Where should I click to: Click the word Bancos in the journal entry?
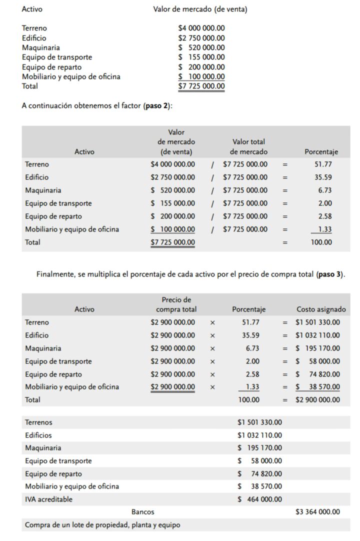tap(142, 512)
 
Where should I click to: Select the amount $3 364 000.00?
tap(317, 512)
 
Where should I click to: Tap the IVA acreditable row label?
tap(48, 499)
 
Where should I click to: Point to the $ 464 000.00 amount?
tap(259, 499)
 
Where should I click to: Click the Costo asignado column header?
tap(321, 309)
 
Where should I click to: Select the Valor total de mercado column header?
tap(248, 146)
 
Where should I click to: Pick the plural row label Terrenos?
tap(38, 422)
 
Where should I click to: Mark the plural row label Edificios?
tap(38, 435)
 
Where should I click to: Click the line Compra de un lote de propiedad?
tap(102, 525)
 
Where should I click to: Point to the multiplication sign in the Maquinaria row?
tap(212, 348)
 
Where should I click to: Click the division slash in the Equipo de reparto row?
tap(212, 216)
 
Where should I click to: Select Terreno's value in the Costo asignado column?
tap(317, 322)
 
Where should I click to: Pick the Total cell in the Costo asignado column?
tap(317, 400)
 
